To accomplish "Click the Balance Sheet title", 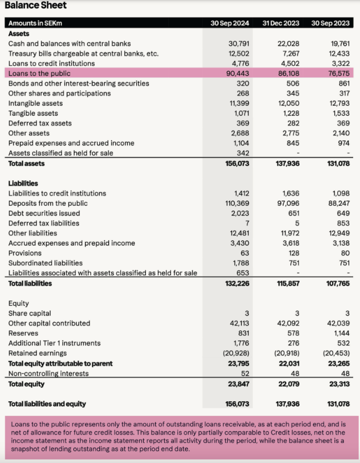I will [35, 6].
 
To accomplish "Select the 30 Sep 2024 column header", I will [230, 23].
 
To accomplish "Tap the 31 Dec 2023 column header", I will [281, 23].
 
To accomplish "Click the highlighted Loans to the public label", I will [40, 73].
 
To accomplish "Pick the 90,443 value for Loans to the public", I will [237, 73].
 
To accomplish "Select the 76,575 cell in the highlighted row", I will [338, 73].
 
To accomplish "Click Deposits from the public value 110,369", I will [236, 203].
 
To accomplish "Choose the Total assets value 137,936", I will [287, 164].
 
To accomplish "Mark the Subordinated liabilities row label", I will [45, 263].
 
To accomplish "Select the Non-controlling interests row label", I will [48, 373].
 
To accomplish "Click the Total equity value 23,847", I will [237, 384].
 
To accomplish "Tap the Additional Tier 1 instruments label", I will [55, 343].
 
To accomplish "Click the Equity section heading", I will [19, 304].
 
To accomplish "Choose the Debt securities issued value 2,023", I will [239, 213].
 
